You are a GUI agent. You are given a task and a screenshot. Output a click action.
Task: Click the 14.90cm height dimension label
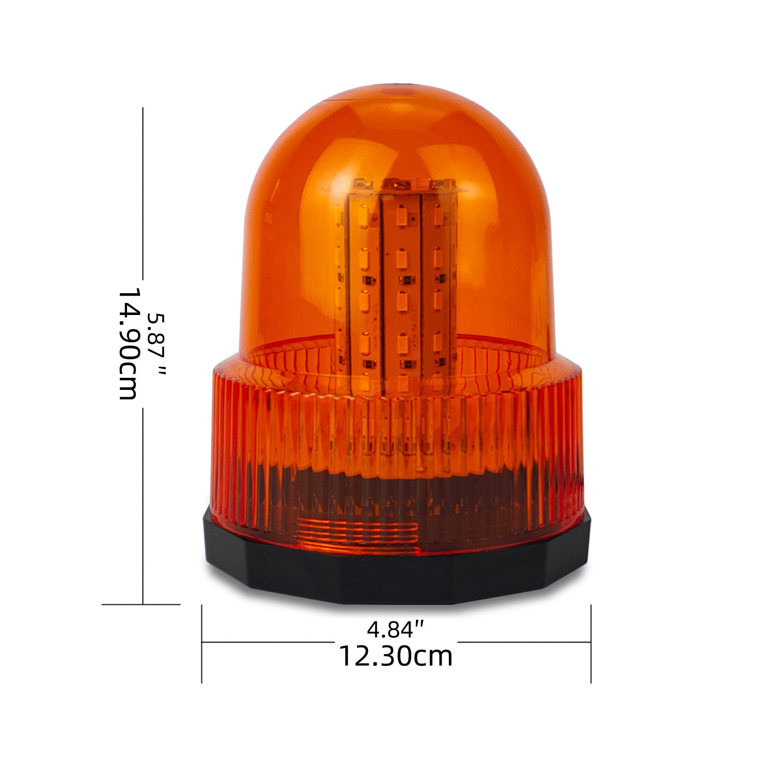(129, 344)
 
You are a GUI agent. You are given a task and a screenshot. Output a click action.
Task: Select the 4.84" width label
(396, 629)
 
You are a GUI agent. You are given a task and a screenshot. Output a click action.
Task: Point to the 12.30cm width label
(396, 656)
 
